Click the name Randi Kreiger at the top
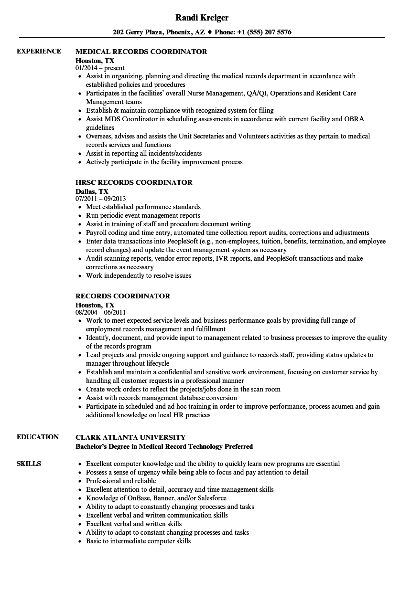202,18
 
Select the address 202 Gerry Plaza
138,32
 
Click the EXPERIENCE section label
39,51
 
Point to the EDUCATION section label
38,437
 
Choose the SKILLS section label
29,464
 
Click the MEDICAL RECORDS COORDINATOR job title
141,52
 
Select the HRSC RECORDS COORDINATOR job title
134,182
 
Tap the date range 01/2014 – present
100,68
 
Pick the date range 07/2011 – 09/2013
101,199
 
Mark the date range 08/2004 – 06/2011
101,312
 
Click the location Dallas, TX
92,191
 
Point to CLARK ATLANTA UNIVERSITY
130,437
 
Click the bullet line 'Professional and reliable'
121,481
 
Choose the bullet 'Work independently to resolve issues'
139,275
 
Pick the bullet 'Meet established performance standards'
143,207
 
